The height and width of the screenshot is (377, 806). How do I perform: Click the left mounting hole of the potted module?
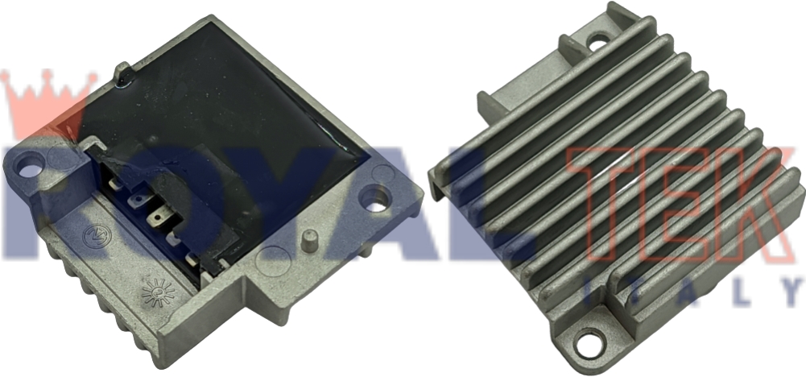(28, 170)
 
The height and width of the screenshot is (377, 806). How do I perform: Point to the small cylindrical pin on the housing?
(308, 240)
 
